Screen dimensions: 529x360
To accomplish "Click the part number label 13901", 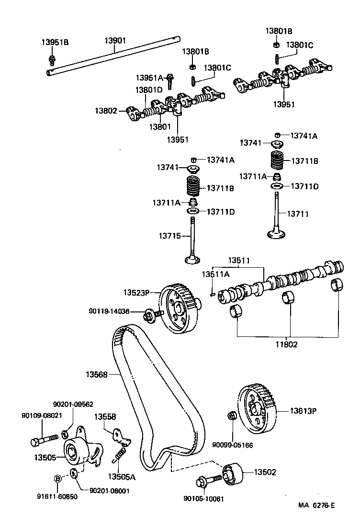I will [115, 41].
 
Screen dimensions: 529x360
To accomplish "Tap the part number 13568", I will [97, 374].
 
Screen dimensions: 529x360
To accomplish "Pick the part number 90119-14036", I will [109, 311].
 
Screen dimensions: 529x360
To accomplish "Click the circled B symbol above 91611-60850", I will [57, 478].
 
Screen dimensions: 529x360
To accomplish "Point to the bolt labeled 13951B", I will [52, 59].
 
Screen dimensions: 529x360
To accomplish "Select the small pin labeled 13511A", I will [211, 293].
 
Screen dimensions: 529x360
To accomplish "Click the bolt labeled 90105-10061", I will [207, 479].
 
